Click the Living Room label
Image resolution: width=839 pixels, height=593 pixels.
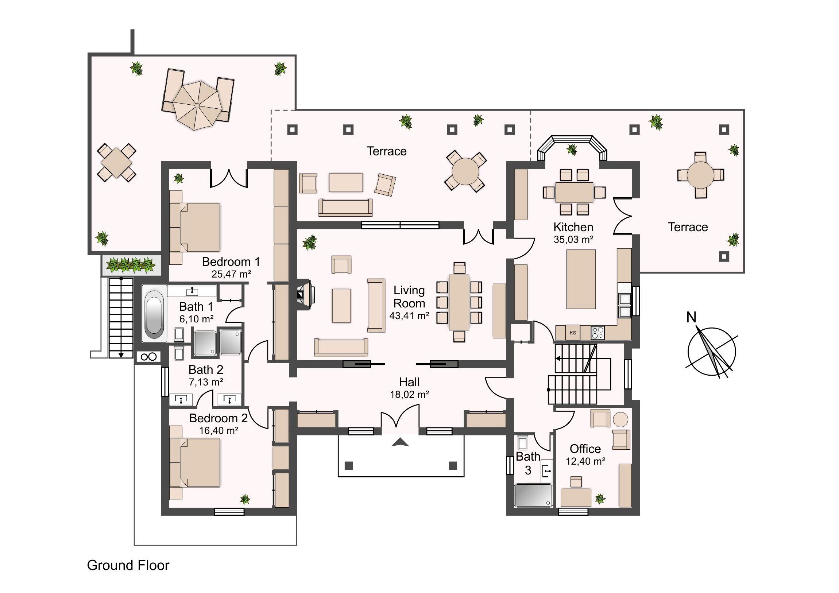pyautogui.click(x=409, y=297)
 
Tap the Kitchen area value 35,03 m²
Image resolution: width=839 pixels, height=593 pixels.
pyautogui.click(x=573, y=240)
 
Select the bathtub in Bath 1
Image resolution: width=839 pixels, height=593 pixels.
pyautogui.click(x=154, y=314)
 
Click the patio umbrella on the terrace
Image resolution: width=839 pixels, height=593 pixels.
pyautogui.click(x=197, y=106)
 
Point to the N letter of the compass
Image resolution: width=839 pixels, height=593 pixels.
pyautogui.click(x=691, y=317)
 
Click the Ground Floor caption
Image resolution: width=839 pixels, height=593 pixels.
pyautogui.click(x=128, y=565)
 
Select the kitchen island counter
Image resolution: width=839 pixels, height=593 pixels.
pyautogui.click(x=581, y=279)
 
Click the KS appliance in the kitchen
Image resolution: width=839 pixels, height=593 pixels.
pyautogui.click(x=573, y=333)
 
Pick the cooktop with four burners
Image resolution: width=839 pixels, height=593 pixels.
pyautogui.click(x=598, y=333)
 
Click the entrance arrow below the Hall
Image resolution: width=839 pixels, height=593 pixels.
pyautogui.click(x=400, y=442)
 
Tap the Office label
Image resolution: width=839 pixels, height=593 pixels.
pyautogui.click(x=585, y=449)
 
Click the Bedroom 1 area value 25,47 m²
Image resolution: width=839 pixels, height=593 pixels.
pyautogui.click(x=231, y=274)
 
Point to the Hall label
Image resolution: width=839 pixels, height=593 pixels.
pyautogui.click(x=409, y=382)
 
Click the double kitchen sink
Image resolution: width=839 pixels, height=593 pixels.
pyautogui.click(x=625, y=305)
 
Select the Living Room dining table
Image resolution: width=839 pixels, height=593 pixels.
pyautogui.click(x=459, y=302)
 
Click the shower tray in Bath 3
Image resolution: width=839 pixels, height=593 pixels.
pyautogui.click(x=534, y=496)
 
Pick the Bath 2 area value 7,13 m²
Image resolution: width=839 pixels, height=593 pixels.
pyautogui.click(x=206, y=382)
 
